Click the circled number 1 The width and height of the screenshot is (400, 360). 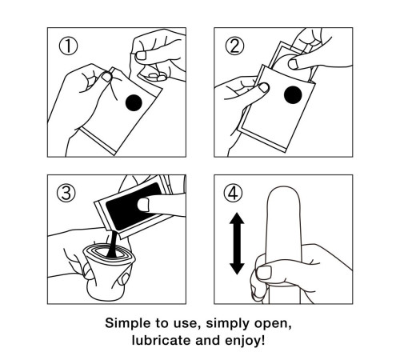pyautogui.click(x=68, y=46)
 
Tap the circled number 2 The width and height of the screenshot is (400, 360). pyautogui.click(x=234, y=46)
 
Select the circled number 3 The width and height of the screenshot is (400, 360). pyautogui.click(x=66, y=193)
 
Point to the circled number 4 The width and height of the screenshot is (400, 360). pyautogui.click(x=233, y=193)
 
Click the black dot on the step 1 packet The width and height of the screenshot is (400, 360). pyautogui.click(x=134, y=102)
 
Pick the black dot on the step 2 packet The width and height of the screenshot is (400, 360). pyautogui.click(x=293, y=95)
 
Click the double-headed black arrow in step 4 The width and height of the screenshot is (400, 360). pyautogui.click(x=237, y=243)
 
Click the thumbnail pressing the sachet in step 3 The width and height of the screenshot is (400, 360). pyautogui.click(x=143, y=205)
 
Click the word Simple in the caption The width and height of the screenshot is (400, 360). pyautogui.click(x=124, y=323)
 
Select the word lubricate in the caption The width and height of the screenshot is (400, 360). pyautogui.click(x=162, y=340)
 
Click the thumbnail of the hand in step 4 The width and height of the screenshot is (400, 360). pyautogui.click(x=263, y=273)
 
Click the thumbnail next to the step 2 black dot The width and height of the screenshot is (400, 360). pyautogui.click(x=264, y=87)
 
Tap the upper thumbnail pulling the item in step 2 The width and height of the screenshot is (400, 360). pyautogui.click(x=294, y=64)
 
